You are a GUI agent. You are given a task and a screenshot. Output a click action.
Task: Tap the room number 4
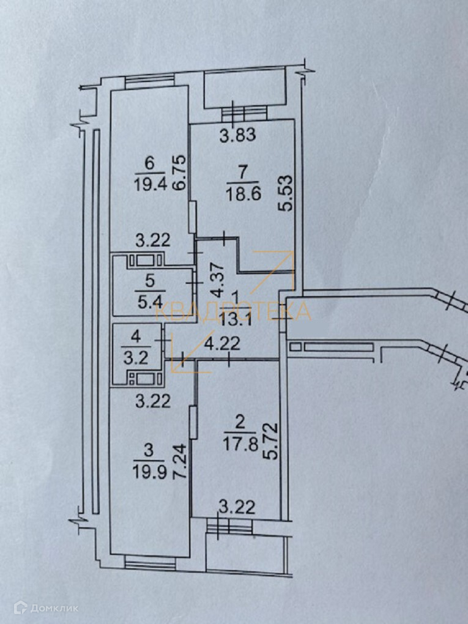pos(136,336)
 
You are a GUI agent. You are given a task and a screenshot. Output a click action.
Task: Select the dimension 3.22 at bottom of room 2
pos(236,507)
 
